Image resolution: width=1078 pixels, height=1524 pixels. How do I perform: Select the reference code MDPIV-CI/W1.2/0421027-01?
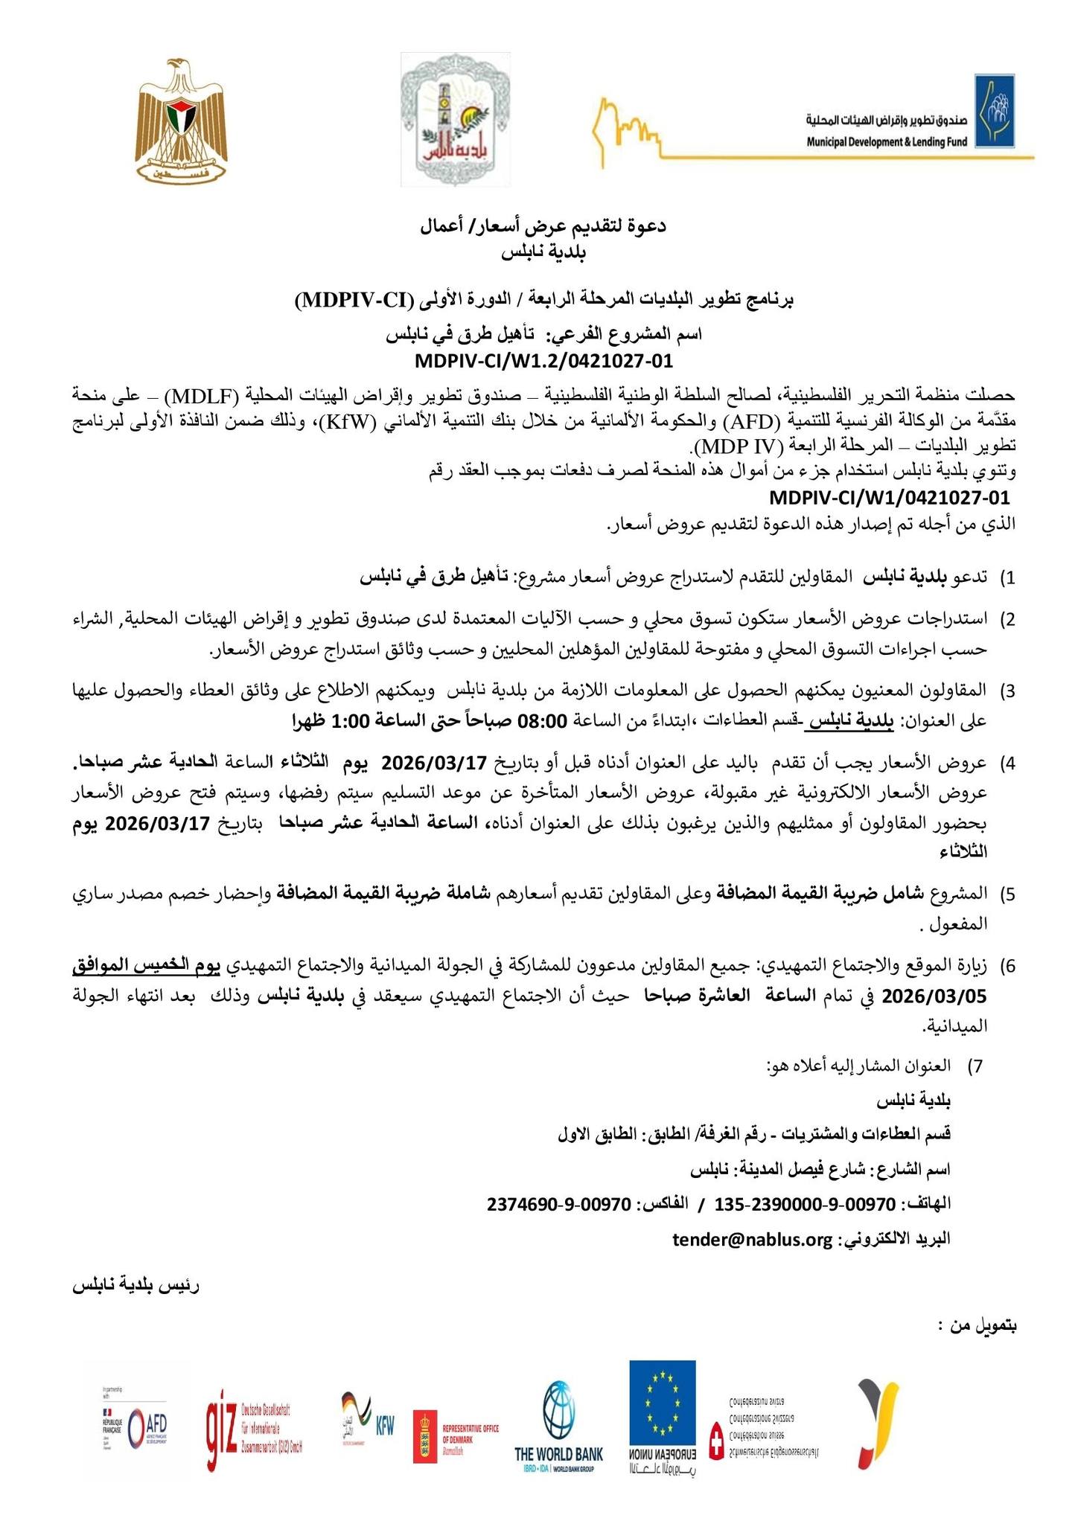click(x=543, y=362)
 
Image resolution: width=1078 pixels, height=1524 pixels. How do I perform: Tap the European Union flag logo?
click(x=662, y=1401)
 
